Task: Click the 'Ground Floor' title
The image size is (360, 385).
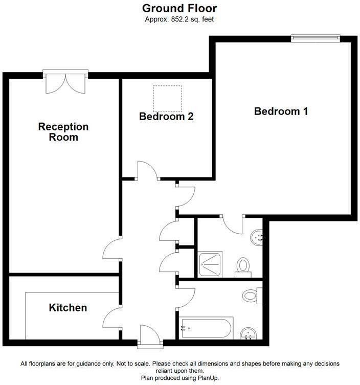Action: pos(179,8)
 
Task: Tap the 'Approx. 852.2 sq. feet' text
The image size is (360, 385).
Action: pos(179,19)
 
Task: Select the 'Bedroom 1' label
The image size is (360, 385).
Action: pos(281,111)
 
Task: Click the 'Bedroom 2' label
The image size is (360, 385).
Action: pos(166,117)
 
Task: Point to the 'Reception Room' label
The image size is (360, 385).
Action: pos(63,132)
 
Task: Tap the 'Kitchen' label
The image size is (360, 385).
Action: pos(67,308)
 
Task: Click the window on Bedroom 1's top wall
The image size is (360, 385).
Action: pos(315,37)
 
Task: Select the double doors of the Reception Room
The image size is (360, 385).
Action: pos(65,82)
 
